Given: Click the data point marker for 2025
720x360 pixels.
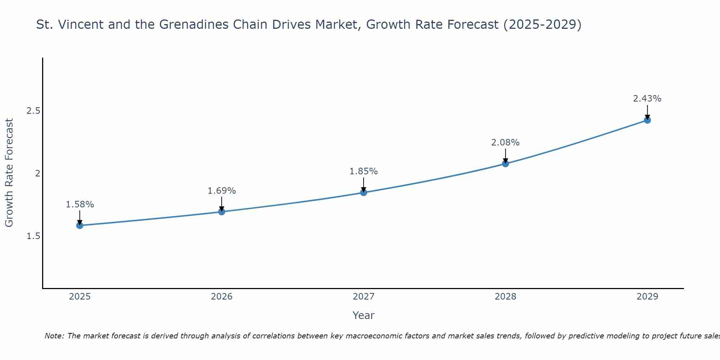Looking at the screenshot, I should point(80,225).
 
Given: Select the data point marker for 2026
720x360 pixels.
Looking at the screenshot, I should point(222,212).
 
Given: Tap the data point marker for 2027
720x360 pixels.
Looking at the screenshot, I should point(364,193).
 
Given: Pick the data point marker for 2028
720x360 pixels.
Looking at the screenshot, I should point(505,164).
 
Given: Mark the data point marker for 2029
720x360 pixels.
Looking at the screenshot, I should point(647,120).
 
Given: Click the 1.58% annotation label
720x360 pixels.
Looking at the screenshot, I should point(80,204).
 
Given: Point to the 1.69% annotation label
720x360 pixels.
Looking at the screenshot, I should point(222,191).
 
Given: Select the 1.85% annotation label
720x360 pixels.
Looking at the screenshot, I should point(364,171).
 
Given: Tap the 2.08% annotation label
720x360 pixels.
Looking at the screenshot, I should point(505,143).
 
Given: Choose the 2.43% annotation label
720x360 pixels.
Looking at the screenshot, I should point(647,99).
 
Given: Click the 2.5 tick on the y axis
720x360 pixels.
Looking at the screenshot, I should point(33,111).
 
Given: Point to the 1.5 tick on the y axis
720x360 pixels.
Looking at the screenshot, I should point(33,236).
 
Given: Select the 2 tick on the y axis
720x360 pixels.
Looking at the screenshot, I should point(37,174).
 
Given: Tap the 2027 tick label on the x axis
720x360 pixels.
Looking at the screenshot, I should point(364,297).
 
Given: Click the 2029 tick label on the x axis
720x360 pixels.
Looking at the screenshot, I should point(647,297).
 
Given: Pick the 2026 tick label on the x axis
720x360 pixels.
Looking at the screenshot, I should point(222,297).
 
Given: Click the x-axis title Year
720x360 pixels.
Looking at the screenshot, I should point(364,315).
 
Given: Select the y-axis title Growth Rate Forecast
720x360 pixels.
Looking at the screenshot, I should point(9,173).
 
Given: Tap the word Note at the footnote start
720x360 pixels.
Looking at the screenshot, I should point(54,336).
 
